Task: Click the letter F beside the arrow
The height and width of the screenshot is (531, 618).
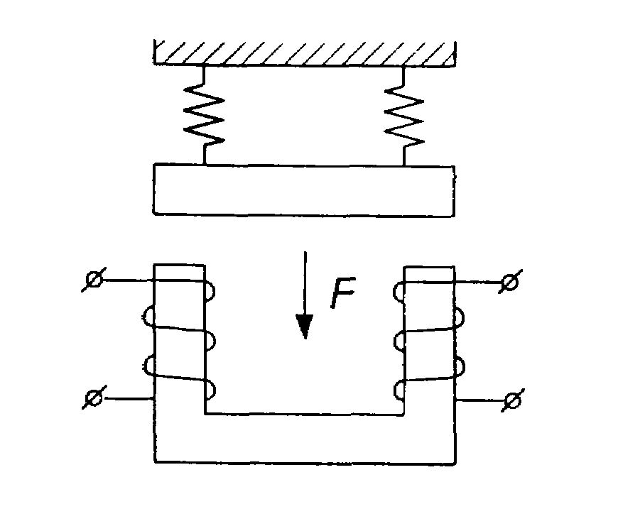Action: pyautogui.click(x=343, y=292)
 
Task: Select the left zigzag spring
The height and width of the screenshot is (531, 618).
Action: pyautogui.click(x=204, y=114)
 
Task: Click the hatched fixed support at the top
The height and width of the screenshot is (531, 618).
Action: pyautogui.click(x=304, y=53)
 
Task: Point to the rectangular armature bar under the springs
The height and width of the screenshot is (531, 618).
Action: pyautogui.click(x=304, y=190)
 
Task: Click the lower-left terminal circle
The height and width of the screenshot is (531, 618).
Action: pyautogui.click(x=94, y=398)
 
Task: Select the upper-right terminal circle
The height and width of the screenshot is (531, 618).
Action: pyautogui.click(x=510, y=282)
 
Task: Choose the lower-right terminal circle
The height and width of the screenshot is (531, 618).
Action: pyautogui.click(x=512, y=400)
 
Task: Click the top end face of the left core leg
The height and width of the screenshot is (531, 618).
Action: pyautogui.click(x=179, y=265)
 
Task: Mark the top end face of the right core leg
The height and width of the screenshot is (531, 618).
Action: pyautogui.click(x=430, y=267)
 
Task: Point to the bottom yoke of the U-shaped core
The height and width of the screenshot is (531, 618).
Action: pyautogui.click(x=305, y=439)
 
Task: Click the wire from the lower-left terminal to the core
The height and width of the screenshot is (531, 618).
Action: pyautogui.click(x=129, y=399)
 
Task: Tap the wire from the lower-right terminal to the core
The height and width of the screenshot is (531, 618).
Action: pyautogui.click(x=480, y=400)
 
